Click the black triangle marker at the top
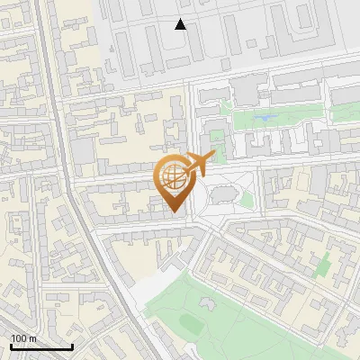(181, 24)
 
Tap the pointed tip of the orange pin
(173, 211)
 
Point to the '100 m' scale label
(24, 338)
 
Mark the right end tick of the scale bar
(72, 346)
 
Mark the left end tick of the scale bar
(11, 346)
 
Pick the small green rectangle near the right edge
(323, 265)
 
